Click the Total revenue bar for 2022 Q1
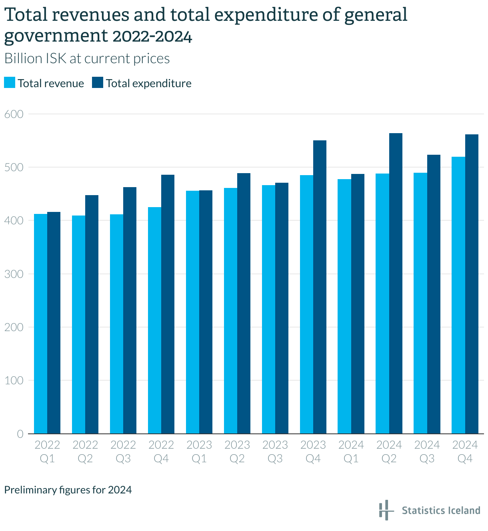pos(40,324)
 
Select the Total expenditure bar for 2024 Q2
pos(396,283)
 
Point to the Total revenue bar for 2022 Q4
pos(154,320)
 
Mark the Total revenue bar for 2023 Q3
pos(268,309)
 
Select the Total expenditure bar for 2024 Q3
pos(434,294)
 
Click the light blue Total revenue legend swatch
pos(10,83)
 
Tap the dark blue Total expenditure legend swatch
pos(98,83)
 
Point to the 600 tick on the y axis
pos(14,114)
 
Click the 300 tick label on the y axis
pos(14,274)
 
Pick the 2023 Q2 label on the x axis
pos(237,451)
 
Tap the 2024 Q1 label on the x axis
pos(351,451)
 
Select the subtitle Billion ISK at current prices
pos(87,59)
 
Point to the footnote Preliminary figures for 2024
pos(68,490)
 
